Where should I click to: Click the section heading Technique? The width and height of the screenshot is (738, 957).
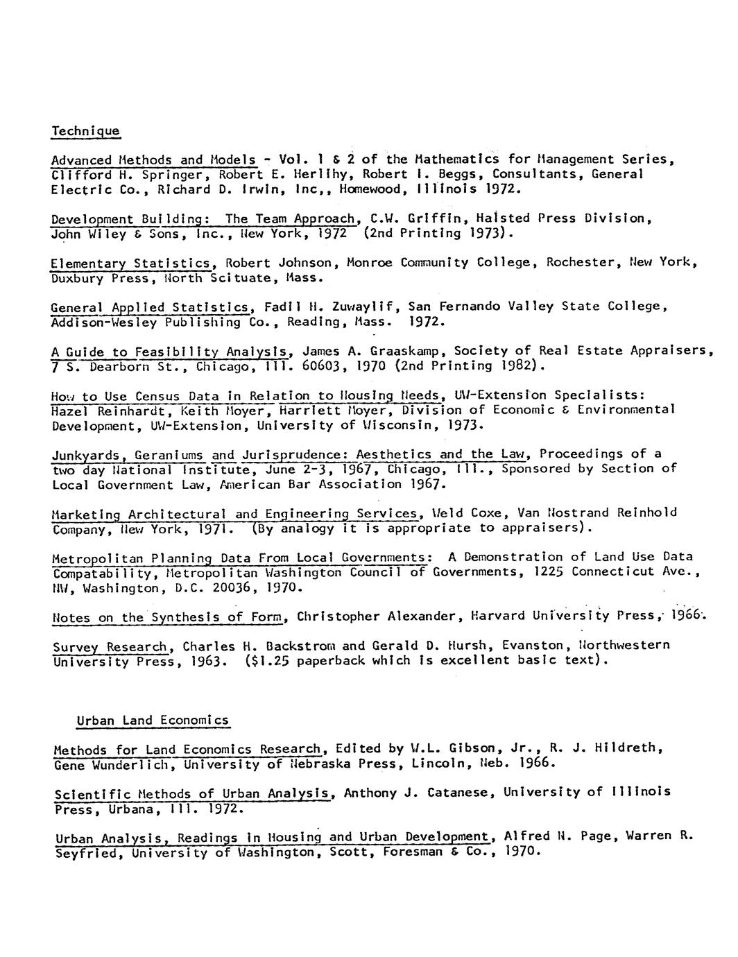pos(86,130)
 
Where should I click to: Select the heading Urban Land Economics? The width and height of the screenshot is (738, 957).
pos(153,720)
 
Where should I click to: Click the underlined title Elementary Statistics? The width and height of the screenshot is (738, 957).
pos(130,263)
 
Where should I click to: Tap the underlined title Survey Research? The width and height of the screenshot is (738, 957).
pos(110,646)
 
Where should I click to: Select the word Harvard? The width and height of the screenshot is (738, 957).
pos(497,616)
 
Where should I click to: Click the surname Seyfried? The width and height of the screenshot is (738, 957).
pos(87,852)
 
